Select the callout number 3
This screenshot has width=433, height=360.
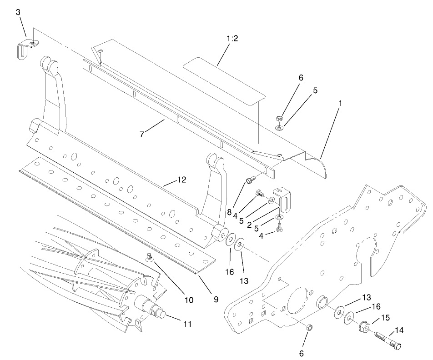pos(18,12)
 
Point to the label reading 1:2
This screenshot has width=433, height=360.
pos(232,39)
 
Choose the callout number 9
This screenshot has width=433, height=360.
pos(216,300)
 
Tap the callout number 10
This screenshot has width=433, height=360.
pos(188,300)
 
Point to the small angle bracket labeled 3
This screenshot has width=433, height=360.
pos(27,48)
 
